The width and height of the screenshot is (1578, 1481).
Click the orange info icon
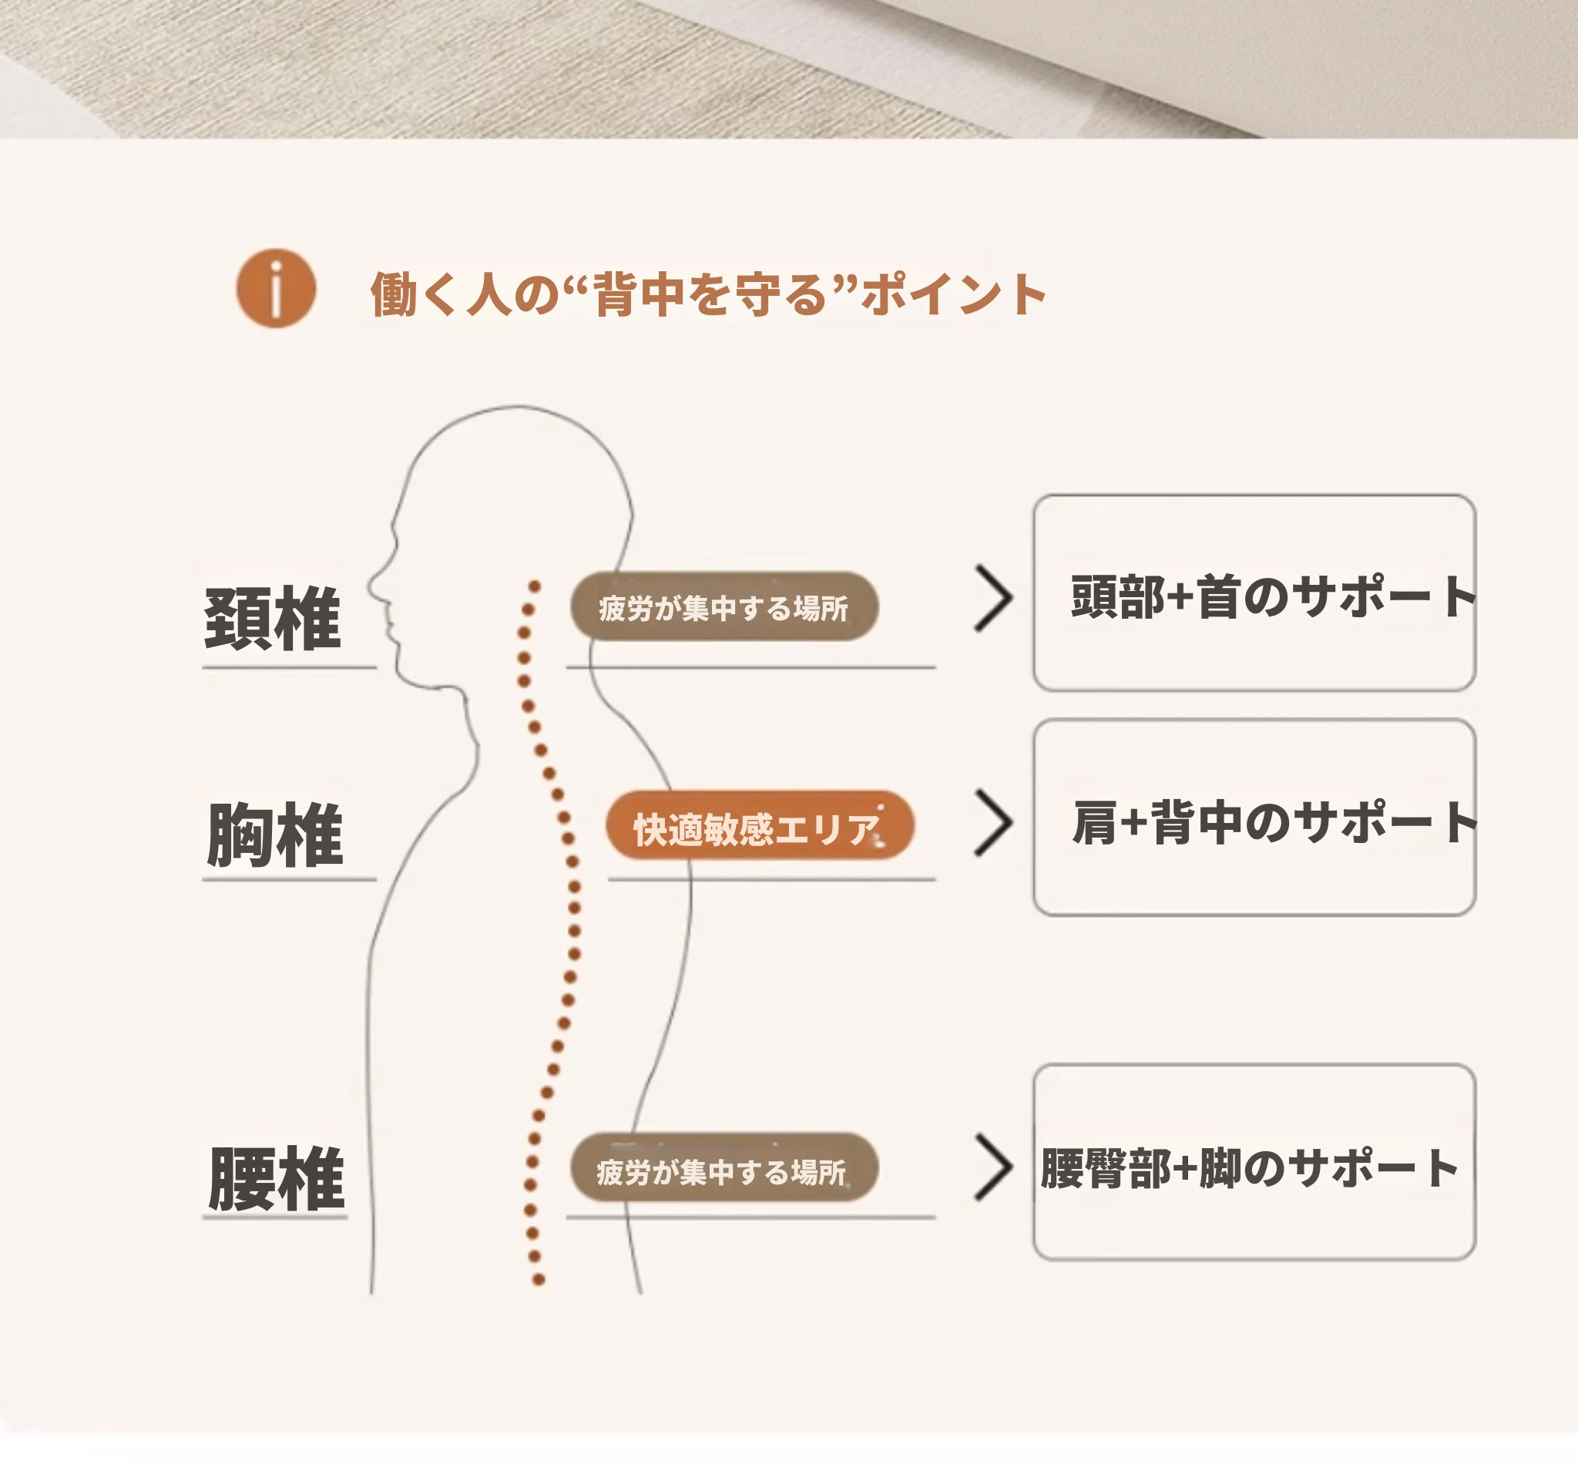point(277,288)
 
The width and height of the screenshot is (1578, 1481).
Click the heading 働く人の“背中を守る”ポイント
point(708,294)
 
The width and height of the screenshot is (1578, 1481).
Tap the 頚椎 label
point(272,619)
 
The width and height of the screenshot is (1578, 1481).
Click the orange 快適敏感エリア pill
point(760,825)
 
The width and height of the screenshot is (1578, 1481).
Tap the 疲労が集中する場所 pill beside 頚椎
point(724,606)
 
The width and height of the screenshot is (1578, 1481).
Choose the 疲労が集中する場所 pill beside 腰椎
point(724,1167)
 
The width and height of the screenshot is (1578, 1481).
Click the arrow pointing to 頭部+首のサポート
point(993,599)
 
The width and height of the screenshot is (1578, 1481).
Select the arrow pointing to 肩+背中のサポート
point(993,823)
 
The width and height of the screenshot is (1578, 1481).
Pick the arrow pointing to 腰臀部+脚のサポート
point(993,1167)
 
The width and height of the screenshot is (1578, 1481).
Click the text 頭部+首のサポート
point(1273,597)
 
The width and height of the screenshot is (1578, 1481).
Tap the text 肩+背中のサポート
point(1274,822)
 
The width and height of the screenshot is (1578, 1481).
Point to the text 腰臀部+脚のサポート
point(1250,1167)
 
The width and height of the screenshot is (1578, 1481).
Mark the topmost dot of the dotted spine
point(535,587)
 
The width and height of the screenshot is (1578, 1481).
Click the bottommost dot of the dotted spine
point(538,1279)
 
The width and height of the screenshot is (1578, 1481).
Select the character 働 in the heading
point(394,294)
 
